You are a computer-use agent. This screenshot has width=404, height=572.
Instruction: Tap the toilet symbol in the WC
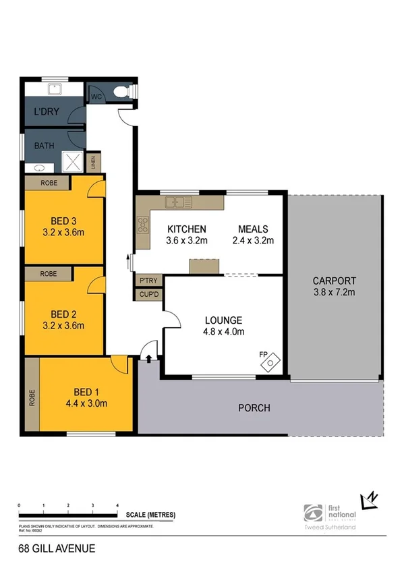coord(123,92)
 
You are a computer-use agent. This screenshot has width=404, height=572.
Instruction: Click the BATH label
coord(45,145)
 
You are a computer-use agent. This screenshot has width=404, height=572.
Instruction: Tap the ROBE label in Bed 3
coord(48,183)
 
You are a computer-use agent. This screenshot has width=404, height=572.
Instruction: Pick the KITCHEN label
coord(187,229)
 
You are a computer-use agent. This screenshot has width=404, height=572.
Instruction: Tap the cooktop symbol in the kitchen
coord(143,225)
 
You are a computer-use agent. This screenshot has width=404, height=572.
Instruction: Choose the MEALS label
coord(253,229)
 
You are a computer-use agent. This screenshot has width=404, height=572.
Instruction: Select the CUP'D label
coord(148,295)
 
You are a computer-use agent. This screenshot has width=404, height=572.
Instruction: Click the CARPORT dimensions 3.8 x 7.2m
coord(335,292)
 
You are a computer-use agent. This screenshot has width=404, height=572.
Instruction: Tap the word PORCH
coord(254,408)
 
